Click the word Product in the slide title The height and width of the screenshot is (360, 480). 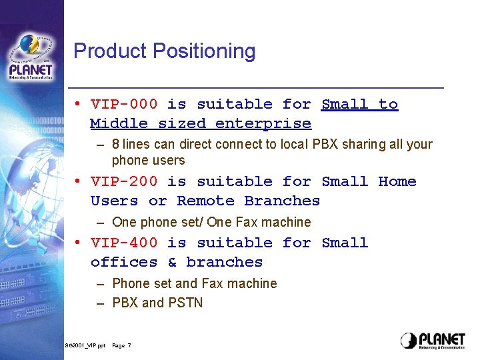coord(111,51)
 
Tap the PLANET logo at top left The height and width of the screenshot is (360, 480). coord(31,57)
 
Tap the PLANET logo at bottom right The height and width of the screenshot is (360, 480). coord(433,340)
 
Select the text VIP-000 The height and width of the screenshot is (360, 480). coord(124,104)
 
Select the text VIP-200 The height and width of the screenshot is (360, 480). coord(124,181)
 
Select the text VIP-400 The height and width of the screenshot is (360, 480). coord(124,243)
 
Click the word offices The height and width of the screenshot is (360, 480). coord(124,262)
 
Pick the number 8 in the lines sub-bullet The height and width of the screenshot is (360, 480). coord(116,144)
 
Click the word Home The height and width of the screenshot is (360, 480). coord(397,181)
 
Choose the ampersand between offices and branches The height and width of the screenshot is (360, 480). coord(172,262)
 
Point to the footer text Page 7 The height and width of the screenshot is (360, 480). coord(122,345)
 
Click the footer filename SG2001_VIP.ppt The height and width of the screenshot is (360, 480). coord(85,345)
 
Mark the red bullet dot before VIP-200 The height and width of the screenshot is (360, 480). coord(78,181)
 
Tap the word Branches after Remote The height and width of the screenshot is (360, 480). coord(282,201)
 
